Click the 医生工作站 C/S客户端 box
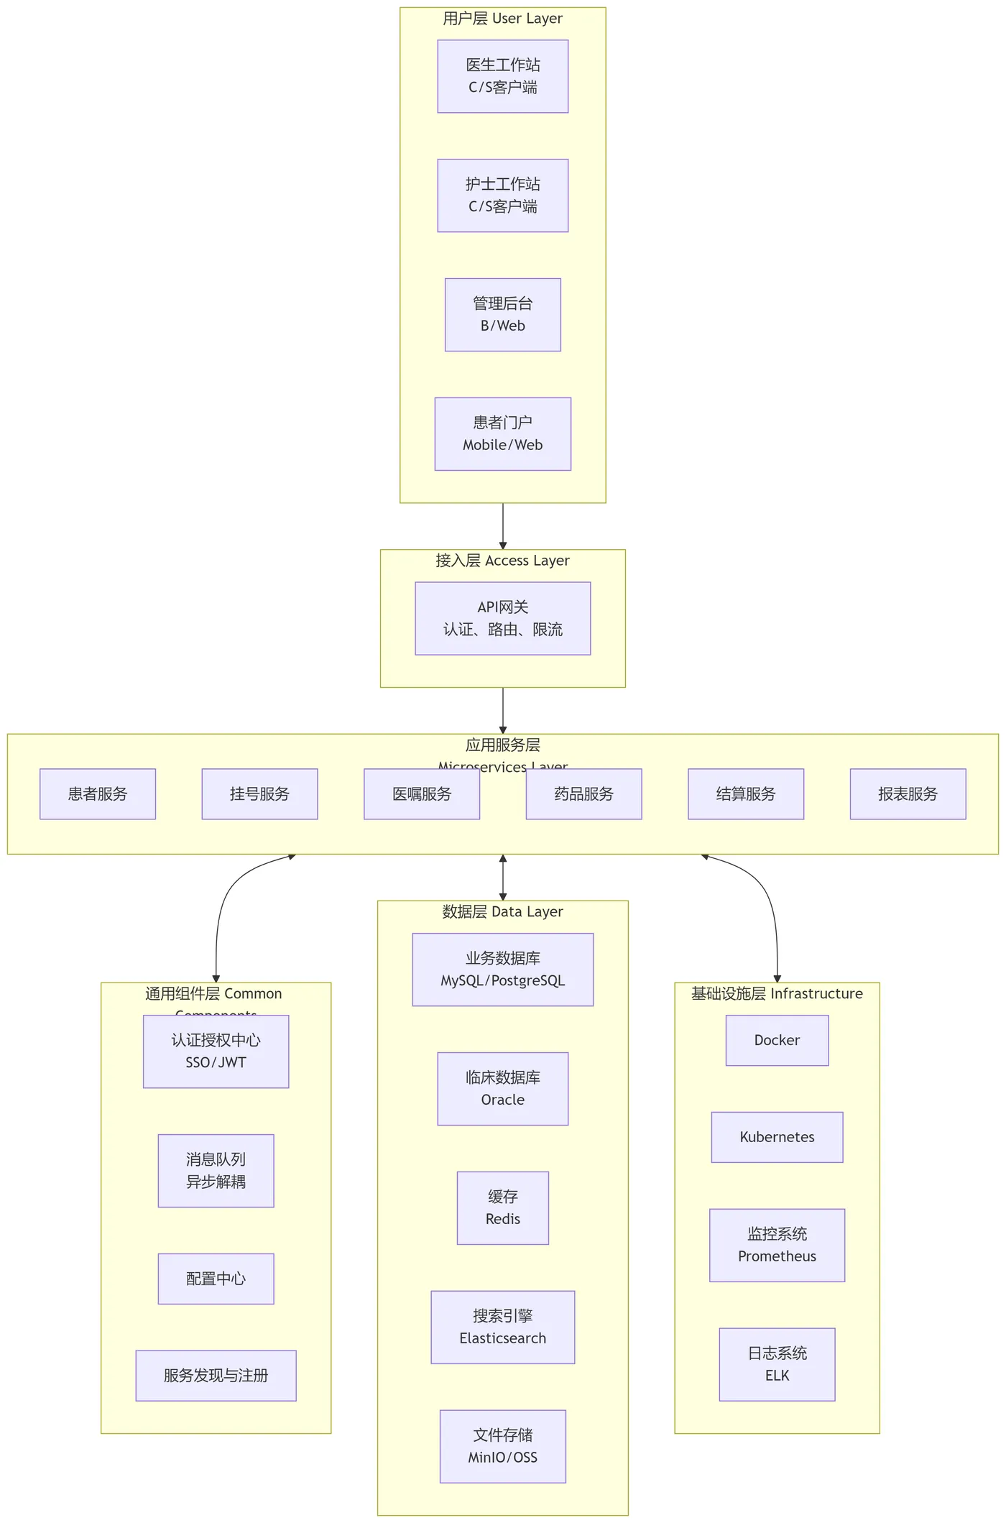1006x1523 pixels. point(502,76)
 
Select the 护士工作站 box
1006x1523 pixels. point(502,195)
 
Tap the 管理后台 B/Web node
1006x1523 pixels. point(502,315)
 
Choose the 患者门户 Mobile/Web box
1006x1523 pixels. point(502,434)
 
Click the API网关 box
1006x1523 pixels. point(502,618)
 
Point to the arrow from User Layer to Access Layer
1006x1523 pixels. point(503,526)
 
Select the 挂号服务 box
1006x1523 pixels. point(259,794)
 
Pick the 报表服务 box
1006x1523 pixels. point(908,794)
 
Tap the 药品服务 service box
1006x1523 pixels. point(583,794)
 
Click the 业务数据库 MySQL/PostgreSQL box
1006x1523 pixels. point(502,970)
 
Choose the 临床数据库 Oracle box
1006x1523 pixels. point(502,1089)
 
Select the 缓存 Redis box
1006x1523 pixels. point(502,1208)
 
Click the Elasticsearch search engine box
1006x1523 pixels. point(502,1328)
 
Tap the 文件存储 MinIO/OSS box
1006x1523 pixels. point(502,1447)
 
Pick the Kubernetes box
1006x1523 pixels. point(777,1137)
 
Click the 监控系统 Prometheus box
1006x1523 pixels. point(777,1246)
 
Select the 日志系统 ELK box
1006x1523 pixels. point(777,1365)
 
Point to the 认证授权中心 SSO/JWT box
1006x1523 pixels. point(216,1052)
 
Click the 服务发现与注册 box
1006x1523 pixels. point(216,1376)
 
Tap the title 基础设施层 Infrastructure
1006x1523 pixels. point(777,994)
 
